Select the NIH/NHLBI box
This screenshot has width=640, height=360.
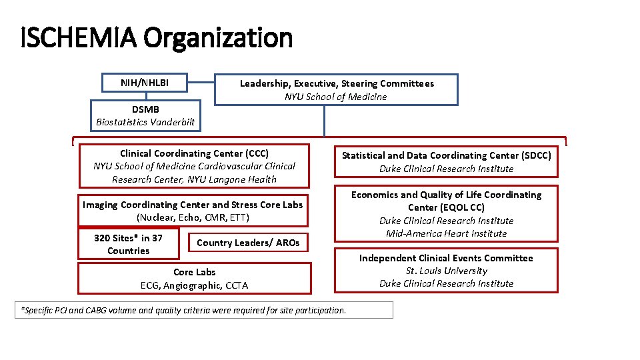coord(144,83)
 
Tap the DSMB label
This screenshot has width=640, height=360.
coord(145,109)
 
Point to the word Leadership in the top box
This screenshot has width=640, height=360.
coord(263,83)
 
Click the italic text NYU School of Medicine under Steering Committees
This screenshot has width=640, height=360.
coord(335,97)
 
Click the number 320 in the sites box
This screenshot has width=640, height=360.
coord(103,238)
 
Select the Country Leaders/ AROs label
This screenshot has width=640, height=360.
coord(248,243)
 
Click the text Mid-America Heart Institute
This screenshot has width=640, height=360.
coord(447,233)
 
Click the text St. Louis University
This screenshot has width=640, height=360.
coord(447,271)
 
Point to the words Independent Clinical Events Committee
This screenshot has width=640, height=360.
coord(446,258)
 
